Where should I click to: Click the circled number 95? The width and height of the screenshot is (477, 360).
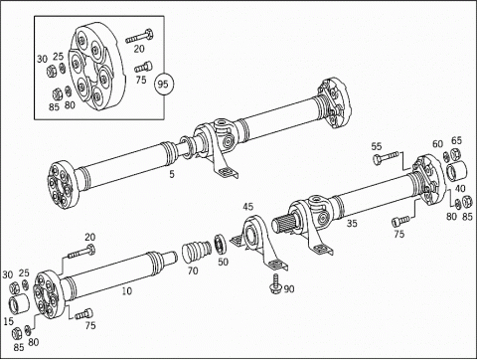click(163, 85)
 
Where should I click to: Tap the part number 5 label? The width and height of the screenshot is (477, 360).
click(172, 174)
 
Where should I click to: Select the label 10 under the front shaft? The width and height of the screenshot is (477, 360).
click(126, 291)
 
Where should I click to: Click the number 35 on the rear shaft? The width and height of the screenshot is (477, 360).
click(352, 223)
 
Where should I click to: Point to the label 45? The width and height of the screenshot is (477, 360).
click(247, 207)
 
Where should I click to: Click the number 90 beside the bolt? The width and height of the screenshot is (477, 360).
click(289, 289)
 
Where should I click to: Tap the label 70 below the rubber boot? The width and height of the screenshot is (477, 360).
click(193, 271)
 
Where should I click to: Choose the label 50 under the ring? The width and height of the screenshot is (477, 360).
click(223, 262)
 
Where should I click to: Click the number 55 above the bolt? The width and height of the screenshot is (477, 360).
click(377, 146)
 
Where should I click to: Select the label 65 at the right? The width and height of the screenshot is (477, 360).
click(456, 140)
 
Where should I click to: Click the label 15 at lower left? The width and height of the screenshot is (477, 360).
click(8, 321)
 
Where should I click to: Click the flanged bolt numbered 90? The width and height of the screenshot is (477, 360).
click(276, 284)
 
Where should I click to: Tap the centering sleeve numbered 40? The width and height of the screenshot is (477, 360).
click(456, 171)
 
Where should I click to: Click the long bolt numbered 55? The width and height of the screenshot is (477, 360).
click(386, 157)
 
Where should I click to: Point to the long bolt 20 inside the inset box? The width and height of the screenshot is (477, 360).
click(139, 36)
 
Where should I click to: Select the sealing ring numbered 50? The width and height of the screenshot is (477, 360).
click(220, 243)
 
